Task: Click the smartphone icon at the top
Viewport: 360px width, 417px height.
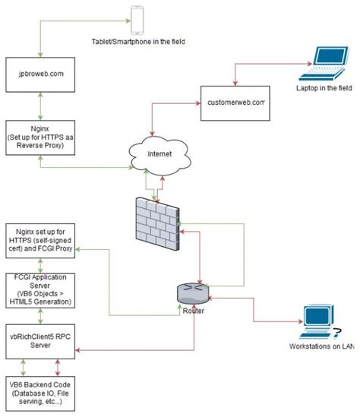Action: tap(137, 20)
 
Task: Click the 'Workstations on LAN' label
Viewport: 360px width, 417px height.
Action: tap(321, 346)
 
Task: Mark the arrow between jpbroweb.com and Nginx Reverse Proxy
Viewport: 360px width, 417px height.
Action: tap(30, 105)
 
